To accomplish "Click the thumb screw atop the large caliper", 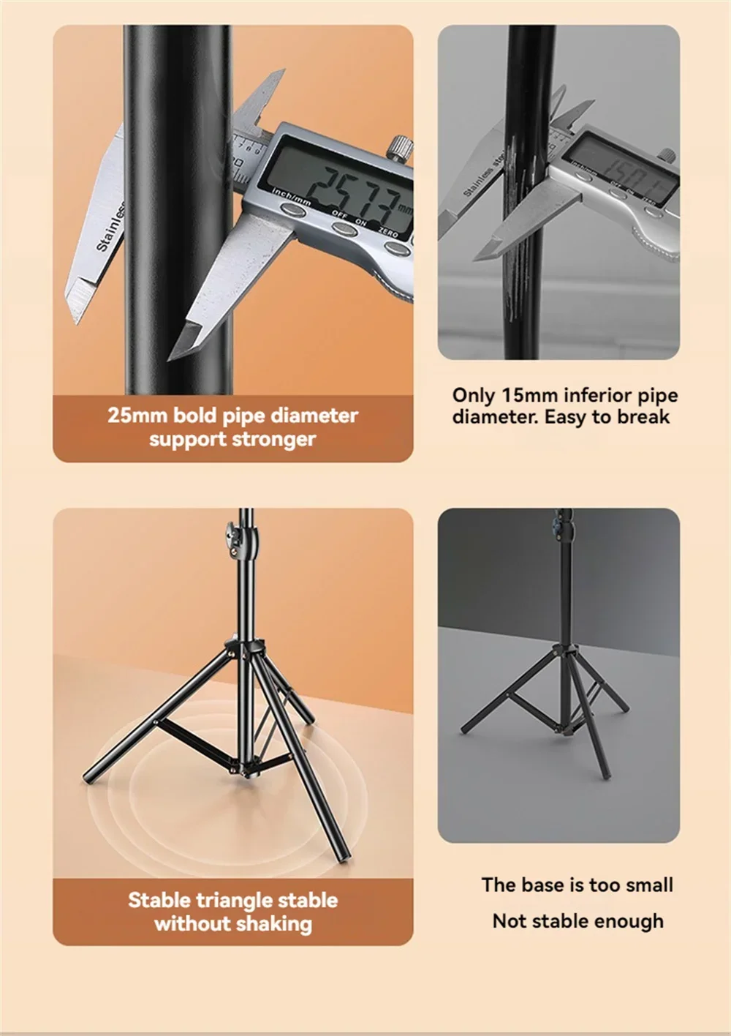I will (399, 147).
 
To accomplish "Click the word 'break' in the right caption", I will (643, 417).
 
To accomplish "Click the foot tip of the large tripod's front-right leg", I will (339, 857).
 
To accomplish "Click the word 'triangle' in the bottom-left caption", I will (233, 900).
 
